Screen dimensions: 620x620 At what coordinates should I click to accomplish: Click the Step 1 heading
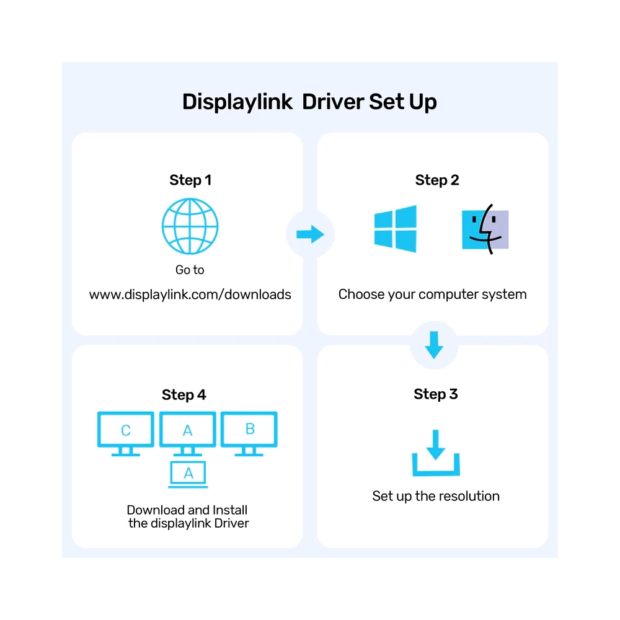coord(190,180)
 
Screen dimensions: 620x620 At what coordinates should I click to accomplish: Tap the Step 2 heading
coord(437,180)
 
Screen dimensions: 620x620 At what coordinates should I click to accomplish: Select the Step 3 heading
coord(436,394)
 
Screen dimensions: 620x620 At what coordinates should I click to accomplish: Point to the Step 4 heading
coord(184,395)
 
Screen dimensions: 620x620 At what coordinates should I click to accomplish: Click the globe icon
coord(190,226)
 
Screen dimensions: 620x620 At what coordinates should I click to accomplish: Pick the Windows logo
coord(396,229)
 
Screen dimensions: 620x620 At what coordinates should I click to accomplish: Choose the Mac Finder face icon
coord(485,229)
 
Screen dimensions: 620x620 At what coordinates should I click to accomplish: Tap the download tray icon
coord(435,455)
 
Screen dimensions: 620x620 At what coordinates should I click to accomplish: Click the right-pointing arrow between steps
coord(310,234)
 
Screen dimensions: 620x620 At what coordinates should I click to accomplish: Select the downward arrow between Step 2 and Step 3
coord(434,345)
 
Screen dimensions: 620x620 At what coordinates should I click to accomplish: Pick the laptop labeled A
coord(188,474)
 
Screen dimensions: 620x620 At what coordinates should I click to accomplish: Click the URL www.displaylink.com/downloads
coord(190,294)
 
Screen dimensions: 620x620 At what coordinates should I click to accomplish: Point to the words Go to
coord(190,270)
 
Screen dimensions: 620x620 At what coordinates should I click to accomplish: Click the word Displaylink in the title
coord(237,102)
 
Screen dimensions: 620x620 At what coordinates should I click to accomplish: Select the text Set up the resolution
coord(436,496)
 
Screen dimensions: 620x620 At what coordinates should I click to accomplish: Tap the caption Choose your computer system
coord(432,294)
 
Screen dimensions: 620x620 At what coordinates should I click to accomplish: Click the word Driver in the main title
coord(333,102)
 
